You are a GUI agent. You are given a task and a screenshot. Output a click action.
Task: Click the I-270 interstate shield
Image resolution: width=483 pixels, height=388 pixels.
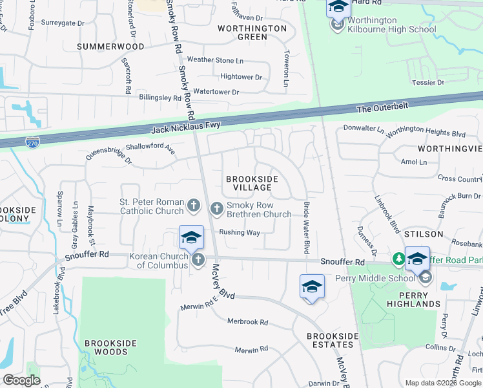point(32,141)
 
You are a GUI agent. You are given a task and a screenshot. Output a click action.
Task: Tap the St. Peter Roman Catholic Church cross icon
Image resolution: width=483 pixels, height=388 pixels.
point(193,206)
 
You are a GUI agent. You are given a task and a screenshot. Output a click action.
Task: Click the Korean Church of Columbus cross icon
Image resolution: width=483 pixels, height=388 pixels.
point(198,260)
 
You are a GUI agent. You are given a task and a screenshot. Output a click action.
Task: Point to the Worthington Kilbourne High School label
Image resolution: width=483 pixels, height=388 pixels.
point(391,25)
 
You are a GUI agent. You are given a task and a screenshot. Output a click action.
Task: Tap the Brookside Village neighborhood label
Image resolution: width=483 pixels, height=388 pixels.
point(252,183)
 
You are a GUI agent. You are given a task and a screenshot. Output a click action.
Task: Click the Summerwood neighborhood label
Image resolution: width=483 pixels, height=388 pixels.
point(110,47)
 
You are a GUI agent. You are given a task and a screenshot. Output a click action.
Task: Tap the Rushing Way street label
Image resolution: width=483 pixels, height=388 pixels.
point(239,232)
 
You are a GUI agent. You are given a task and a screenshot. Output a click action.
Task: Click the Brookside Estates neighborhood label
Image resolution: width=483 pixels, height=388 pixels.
point(332,336)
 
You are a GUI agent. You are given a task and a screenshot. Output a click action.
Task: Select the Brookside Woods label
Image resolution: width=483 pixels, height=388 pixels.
point(105,352)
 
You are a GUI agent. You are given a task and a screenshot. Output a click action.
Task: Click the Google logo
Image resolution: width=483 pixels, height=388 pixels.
point(21,380)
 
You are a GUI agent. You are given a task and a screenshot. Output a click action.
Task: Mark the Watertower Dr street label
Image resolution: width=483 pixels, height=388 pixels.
point(216,92)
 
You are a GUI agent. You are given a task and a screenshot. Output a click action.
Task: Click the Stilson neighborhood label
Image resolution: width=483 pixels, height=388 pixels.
point(424,233)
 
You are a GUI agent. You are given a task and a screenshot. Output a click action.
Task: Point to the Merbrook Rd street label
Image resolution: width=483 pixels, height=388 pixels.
point(247,321)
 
